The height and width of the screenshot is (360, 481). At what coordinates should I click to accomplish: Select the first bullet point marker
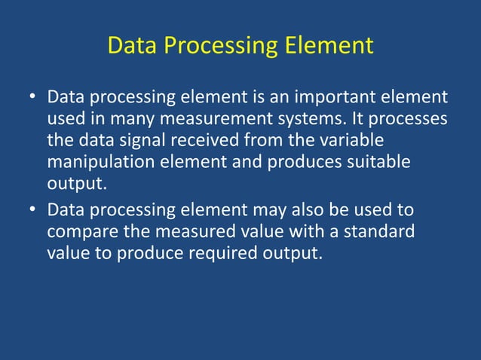(32, 99)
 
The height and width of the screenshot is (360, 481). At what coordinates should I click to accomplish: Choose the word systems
(317, 120)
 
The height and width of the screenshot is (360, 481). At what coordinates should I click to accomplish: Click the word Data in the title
(133, 45)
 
